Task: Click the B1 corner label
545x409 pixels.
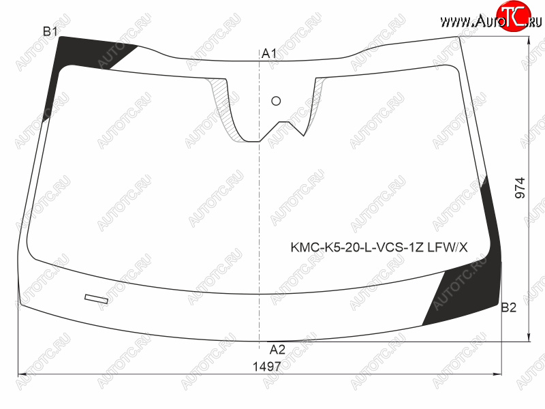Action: click(50, 31)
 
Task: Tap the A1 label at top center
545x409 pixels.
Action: click(269, 54)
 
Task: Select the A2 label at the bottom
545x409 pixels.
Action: click(277, 349)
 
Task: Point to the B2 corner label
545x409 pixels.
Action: click(508, 307)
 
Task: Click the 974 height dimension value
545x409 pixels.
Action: click(520, 188)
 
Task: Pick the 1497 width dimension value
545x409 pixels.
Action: click(266, 367)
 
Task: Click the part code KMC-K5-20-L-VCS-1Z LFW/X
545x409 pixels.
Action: click(379, 247)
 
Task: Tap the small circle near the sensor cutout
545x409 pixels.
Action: click(276, 101)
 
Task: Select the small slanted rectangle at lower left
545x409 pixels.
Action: click(96, 299)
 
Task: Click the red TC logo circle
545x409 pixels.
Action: click(514, 16)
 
